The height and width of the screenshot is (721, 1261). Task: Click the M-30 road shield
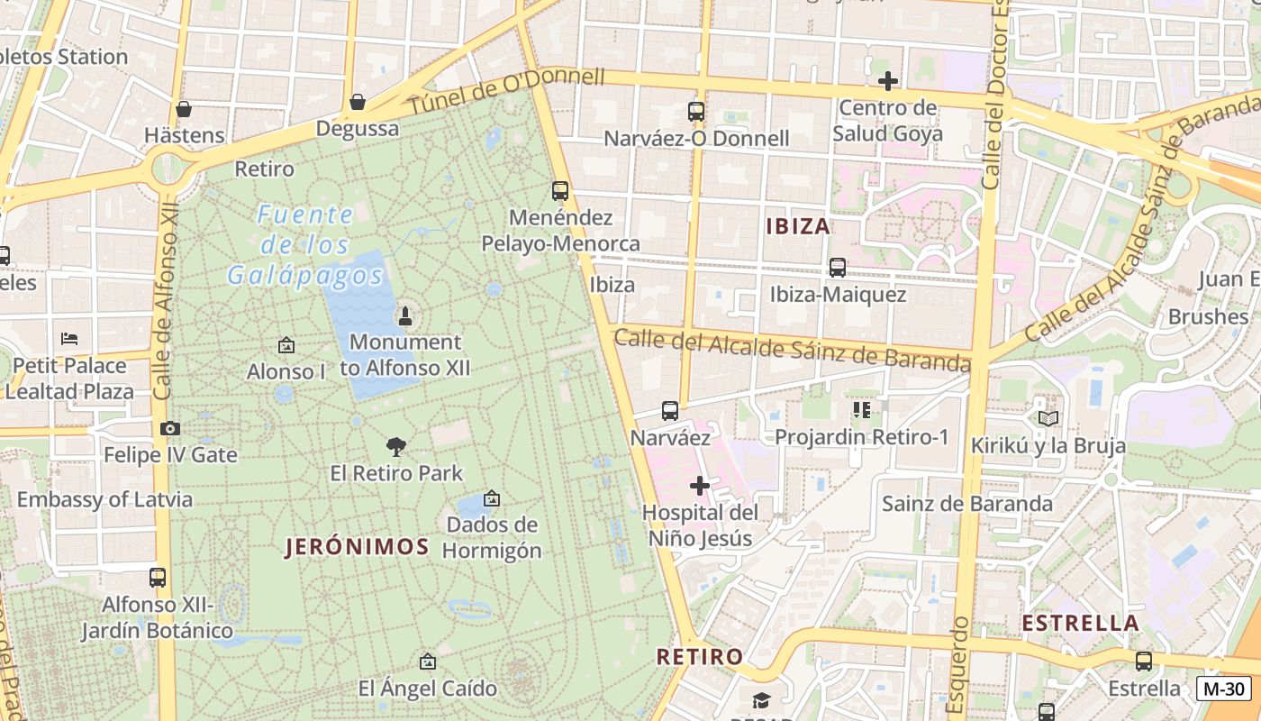point(1224,689)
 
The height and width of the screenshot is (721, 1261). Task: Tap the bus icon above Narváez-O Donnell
point(695,112)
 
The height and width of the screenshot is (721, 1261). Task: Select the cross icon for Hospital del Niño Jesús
point(699,487)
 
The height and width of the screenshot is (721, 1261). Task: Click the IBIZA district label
point(797,226)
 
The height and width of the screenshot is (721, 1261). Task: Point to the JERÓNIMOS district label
point(357,546)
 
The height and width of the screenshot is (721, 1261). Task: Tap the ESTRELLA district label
point(1081,623)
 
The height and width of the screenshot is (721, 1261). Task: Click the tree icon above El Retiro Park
point(395,446)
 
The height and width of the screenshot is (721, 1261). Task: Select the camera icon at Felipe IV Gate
point(170,428)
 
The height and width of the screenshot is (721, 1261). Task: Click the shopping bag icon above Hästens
point(184,109)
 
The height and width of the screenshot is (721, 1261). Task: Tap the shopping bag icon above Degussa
point(358,102)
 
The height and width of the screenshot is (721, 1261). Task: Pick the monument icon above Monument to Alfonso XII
point(404,316)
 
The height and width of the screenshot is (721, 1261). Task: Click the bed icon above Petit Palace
point(69,339)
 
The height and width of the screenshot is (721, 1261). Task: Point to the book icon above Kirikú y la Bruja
point(1048,418)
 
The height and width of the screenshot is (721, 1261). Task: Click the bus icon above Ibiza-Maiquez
point(837,268)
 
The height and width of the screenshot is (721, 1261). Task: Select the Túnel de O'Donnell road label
point(507,91)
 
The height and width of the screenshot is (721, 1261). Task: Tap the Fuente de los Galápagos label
point(304,244)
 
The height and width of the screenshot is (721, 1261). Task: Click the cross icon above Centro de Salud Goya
point(887,82)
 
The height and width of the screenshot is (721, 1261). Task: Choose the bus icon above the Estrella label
point(1143,662)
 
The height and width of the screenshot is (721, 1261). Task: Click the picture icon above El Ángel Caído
point(428,662)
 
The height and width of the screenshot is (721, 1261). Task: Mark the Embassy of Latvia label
point(104,499)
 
